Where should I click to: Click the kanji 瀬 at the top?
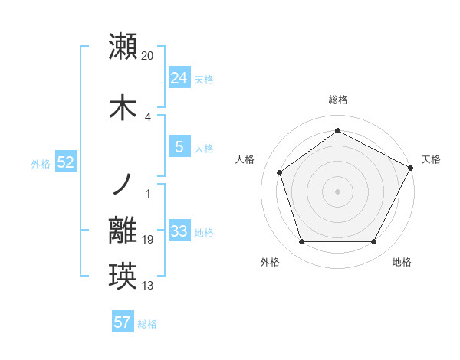tap(123, 45)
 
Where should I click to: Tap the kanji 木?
tap(123, 107)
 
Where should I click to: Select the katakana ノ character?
tap(122, 184)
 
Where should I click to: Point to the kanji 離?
tap(123, 230)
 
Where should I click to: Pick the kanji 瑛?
tap(123, 276)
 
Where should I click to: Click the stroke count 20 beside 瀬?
tap(148, 56)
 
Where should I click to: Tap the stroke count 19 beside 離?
tap(148, 240)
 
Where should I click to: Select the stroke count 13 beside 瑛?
tap(148, 286)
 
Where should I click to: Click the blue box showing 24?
tap(179, 78)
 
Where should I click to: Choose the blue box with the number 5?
tap(179, 147)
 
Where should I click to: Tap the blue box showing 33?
tap(179, 231)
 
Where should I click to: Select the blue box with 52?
tap(65, 162)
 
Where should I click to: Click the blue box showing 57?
tap(123, 322)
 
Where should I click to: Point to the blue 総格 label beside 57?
tap(147, 323)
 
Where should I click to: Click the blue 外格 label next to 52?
tap(41, 163)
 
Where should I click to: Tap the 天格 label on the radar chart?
tap(431, 159)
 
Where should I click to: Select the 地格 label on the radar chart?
tap(402, 262)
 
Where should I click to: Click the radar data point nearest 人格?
tap(280, 172)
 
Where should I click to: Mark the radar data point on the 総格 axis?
tap(337, 130)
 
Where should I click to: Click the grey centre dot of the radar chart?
tap(337, 191)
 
